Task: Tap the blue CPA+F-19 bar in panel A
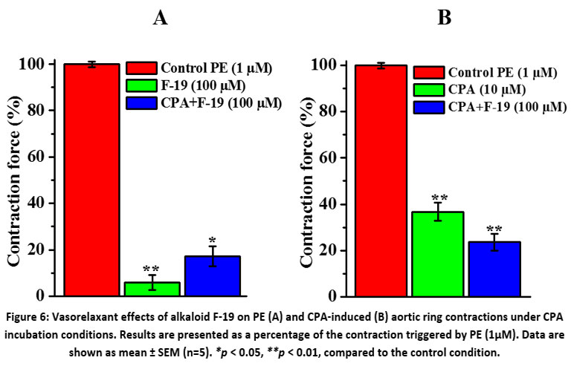[x=212, y=275]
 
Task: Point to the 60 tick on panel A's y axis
[x=47, y=157]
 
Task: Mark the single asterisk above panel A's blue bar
[x=212, y=241]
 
